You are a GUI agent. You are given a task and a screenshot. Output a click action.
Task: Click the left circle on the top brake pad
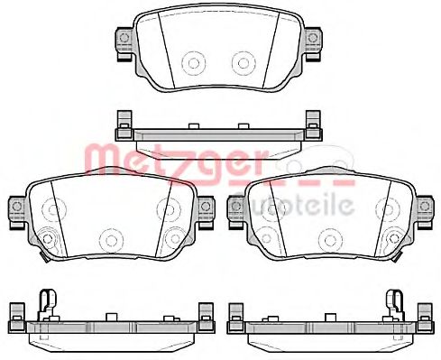193,62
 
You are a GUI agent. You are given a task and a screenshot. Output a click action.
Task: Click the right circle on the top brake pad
242,62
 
